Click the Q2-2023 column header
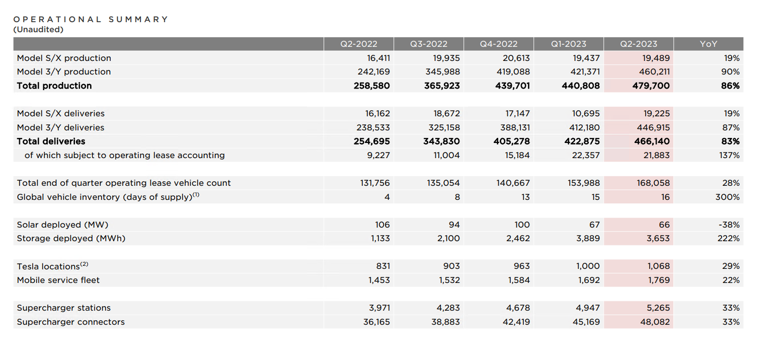[x=639, y=44]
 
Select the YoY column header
[x=709, y=44]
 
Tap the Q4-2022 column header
[x=499, y=44]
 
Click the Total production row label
[x=54, y=86]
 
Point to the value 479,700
[x=651, y=86]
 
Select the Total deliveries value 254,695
[x=372, y=141]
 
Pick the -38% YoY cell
[x=729, y=225]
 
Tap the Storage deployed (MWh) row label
[x=71, y=238]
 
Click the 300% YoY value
[x=728, y=197]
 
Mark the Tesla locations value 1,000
[x=588, y=266]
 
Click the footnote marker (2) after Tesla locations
[x=85, y=264]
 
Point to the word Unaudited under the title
[x=38, y=30]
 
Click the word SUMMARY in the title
[x=138, y=19]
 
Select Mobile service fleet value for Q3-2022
[x=449, y=280]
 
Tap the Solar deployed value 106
[x=382, y=225]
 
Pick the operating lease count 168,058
[x=653, y=183]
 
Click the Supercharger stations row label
[x=64, y=308]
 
